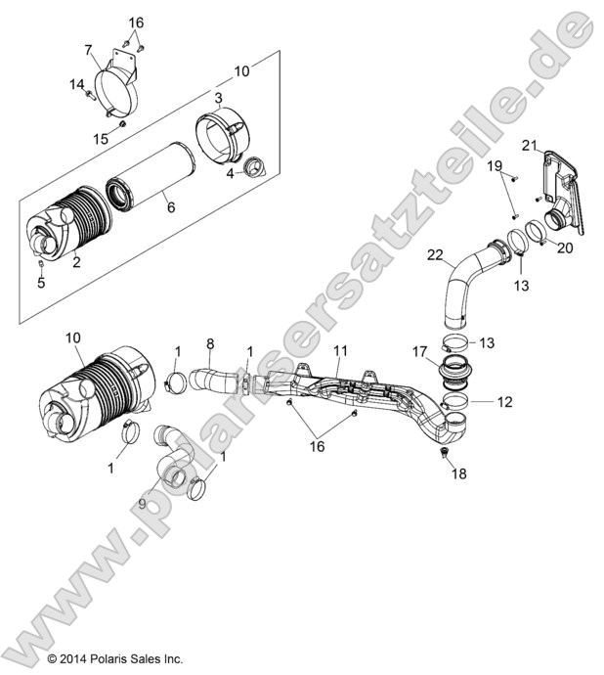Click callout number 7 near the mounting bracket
88,49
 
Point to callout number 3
219,99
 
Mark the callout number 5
41,284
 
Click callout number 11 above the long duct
340,350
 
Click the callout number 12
477,401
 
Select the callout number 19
496,165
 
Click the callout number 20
565,247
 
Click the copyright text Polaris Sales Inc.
114,659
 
